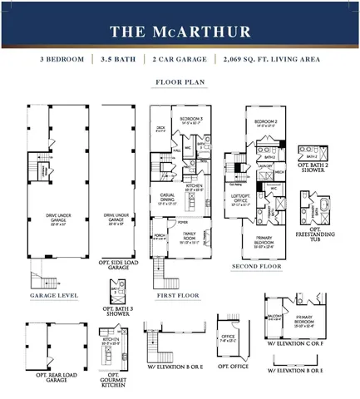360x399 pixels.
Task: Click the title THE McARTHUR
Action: pyautogui.click(x=180, y=32)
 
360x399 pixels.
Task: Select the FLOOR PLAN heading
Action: pyautogui.click(x=180, y=83)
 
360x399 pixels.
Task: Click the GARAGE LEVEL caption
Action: pyautogui.click(x=54, y=295)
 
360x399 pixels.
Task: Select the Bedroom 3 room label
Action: pyautogui.click(x=191, y=120)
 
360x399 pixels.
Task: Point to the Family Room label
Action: pyautogui.click(x=190, y=235)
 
